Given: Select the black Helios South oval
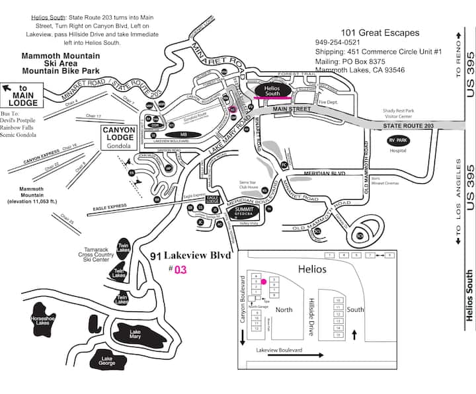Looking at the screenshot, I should click(x=272, y=90).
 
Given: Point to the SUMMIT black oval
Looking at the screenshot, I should click(x=245, y=212).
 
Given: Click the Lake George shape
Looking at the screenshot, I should click(x=107, y=361).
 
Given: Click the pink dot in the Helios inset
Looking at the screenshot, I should click(x=264, y=282).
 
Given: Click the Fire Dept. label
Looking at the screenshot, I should click(x=328, y=102).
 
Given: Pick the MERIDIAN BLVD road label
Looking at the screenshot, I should click(x=325, y=173).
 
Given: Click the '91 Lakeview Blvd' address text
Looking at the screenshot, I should click(x=188, y=256).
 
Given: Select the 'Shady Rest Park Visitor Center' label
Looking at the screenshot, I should click(x=399, y=114).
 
